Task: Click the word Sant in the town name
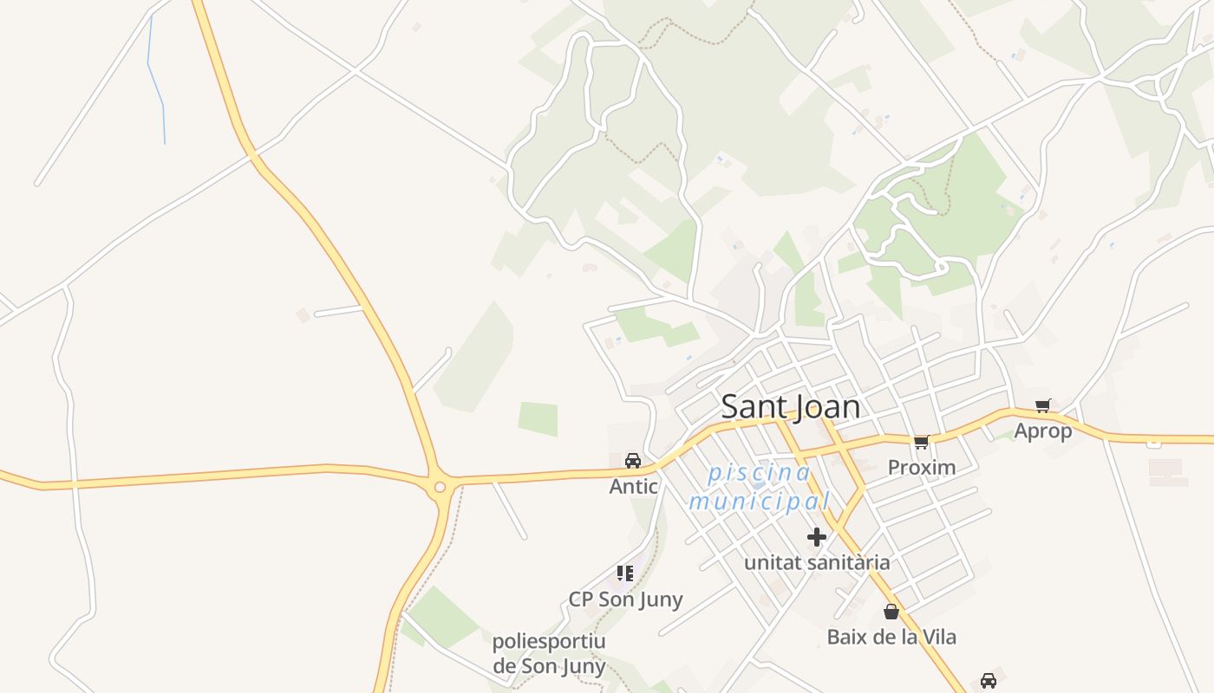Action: click(753, 406)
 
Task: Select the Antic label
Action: click(634, 487)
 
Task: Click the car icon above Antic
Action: click(633, 460)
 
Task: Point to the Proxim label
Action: click(922, 468)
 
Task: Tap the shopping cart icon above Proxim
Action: click(921, 443)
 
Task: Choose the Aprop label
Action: click(1043, 431)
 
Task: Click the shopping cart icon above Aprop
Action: click(1043, 405)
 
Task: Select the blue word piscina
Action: click(760, 473)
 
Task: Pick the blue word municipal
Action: click(760, 501)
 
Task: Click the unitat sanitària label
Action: click(817, 563)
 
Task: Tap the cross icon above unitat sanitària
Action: click(816, 537)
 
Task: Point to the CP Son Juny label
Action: click(625, 599)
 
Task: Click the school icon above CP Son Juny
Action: click(625, 573)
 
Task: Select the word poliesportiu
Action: click(549, 642)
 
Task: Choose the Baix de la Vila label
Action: click(891, 638)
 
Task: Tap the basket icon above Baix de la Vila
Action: click(891, 612)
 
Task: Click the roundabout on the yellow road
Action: click(440, 487)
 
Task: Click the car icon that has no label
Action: click(988, 681)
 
